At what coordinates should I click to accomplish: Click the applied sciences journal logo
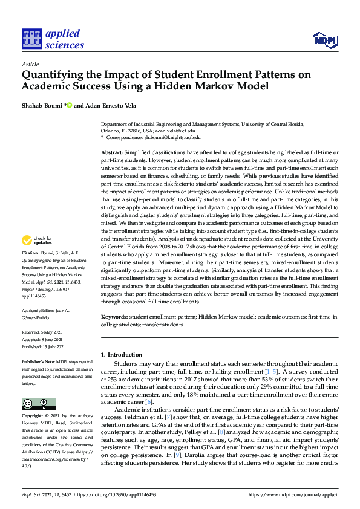point(53,39)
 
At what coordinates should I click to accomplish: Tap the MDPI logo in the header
point(325,41)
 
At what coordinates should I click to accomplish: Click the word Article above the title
point(30,65)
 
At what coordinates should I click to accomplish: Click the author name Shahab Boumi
point(42,106)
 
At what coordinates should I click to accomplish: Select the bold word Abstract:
point(113,153)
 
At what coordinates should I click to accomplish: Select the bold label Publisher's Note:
point(39,361)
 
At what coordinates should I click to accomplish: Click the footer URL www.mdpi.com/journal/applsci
point(293,493)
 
